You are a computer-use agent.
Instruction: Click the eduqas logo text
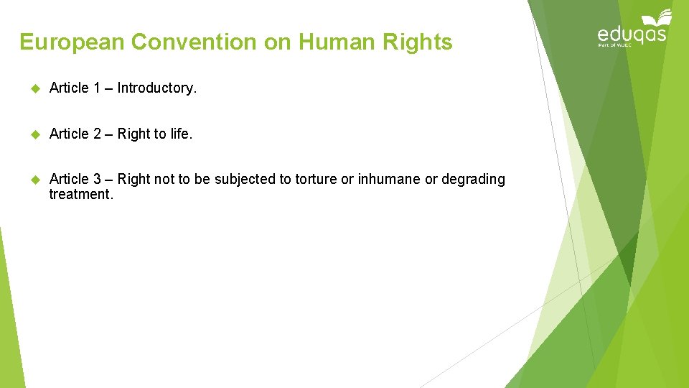tap(632, 34)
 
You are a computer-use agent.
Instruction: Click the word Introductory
tap(156, 88)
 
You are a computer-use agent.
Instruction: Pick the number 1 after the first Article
tap(96, 88)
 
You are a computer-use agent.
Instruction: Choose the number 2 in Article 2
tap(96, 134)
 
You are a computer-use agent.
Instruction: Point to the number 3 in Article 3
tap(96, 179)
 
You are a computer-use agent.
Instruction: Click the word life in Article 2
tap(181, 134)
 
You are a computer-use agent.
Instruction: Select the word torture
tap(316, 179)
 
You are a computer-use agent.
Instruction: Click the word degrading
tap(473, 180)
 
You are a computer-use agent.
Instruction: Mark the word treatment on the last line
tap(80, 194)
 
